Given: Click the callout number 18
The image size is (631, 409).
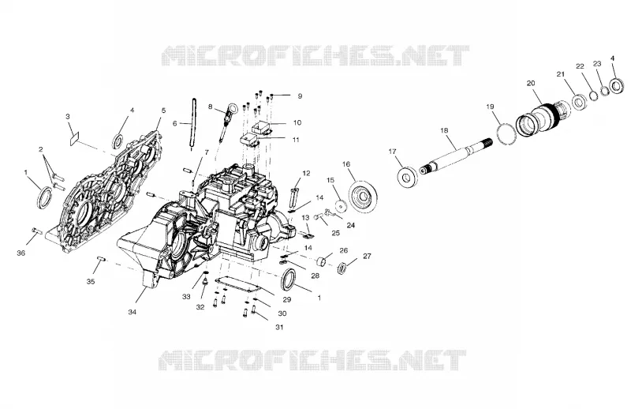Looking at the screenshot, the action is tap(444, 130).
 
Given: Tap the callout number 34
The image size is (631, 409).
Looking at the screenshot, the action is tap(132, 312).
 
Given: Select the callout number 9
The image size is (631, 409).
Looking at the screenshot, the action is tap(300, 96).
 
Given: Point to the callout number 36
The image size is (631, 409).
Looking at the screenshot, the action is tap(21, 253).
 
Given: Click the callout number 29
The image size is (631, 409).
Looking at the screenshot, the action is tap(286, 299).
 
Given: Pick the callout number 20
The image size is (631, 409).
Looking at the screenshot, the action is tap(531, 84).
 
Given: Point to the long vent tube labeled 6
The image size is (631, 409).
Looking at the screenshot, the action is tap(192, 124).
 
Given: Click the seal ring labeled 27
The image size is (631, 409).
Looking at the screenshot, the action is tap(342, 268).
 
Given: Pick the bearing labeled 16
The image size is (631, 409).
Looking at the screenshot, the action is tap(364, 197).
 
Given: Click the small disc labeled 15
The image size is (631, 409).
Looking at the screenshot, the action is tap(342, 206).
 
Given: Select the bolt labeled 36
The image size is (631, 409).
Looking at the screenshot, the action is tap(37, 231).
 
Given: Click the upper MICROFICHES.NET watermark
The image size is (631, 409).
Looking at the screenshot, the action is tap(315, 55).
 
